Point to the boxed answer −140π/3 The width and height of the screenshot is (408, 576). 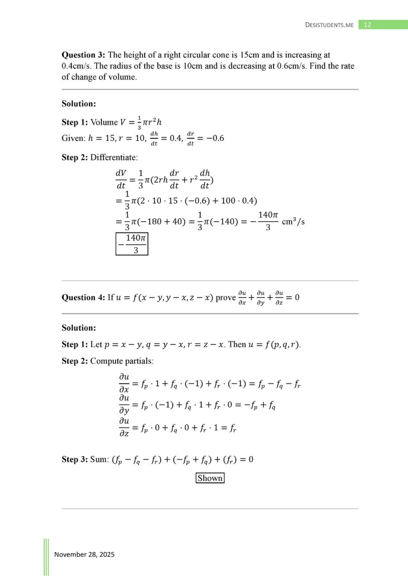pyautogui.click(x=131, y=244)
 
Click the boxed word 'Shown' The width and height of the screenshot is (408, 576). pyautogui.click(x=210, y=478)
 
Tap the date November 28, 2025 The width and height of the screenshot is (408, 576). pyautogui.click(x=84, y=554)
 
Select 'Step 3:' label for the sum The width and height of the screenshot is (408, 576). pyautogui.click(x=75, y=459)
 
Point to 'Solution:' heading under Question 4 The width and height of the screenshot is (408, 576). pyautogui.click(x=79, y=328)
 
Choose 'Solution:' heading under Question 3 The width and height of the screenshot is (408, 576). pyautogui.click(x=79, y=104)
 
